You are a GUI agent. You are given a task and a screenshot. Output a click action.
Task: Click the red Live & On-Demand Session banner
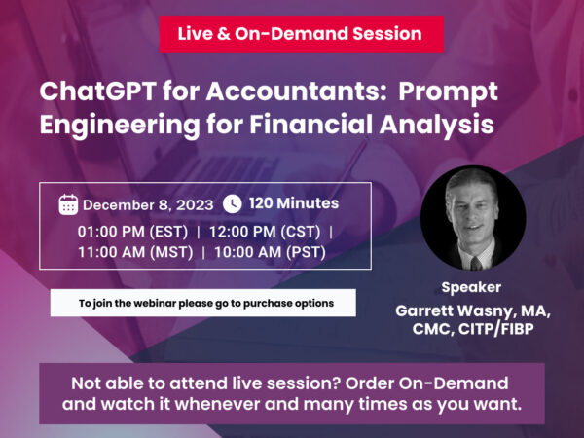tap(301, 34)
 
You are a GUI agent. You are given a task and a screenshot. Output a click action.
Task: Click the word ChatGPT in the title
tap(90, 92)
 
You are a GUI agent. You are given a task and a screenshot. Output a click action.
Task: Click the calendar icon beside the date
tap(68, 204)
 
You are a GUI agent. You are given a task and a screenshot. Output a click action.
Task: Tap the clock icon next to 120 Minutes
tap(232, 203)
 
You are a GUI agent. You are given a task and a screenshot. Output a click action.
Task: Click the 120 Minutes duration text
tap(294, 203)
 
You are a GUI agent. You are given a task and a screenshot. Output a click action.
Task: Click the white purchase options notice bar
tap(204, 303)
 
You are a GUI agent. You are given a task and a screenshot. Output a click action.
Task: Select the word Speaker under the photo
tap(473, 287)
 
